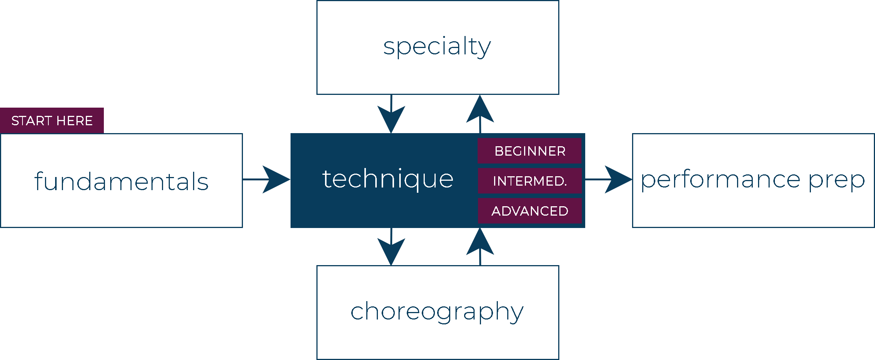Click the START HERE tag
[52, 121]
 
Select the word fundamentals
[121, 181]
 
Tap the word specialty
[437, 47]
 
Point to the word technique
[388, 179]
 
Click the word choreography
[437, 312]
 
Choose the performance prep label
[753, 180]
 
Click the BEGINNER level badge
[530, 151]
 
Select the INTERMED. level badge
[530, 181]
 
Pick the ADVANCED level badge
[530, 211]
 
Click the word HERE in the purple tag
[74, 121]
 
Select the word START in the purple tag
[31, 121]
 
